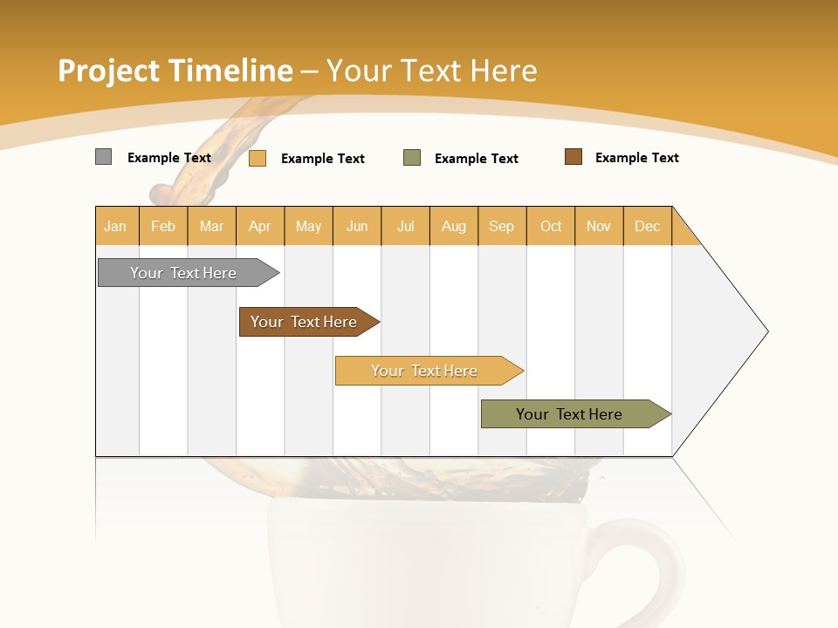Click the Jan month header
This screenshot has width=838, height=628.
point(115,226)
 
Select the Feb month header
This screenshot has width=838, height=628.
point(163,226)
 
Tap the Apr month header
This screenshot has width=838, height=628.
point(260,226)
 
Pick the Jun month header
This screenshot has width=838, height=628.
point(357,226)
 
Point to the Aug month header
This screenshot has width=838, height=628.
point(454,226)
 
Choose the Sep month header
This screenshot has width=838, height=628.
point(502,226)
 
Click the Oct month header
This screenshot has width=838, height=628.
point(551,226)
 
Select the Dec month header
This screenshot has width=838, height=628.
point(648,226)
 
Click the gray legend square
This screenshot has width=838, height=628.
point(104,157)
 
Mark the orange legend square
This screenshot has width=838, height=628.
point(258,158)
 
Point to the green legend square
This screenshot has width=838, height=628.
point(412,158)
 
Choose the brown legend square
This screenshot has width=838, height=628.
point(574,157)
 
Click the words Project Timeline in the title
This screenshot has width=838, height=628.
point(175,71)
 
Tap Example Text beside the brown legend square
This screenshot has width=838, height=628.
point(636,158)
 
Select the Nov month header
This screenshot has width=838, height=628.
point(599,226)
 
